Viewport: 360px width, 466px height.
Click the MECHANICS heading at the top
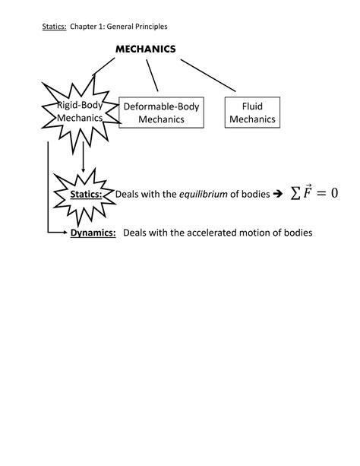(145, 49)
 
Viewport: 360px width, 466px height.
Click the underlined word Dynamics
(93, 233)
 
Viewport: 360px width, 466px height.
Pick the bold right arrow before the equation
(277, 194)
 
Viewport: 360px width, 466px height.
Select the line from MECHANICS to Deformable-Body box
(152, 74)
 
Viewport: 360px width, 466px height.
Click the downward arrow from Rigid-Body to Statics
(82, 160)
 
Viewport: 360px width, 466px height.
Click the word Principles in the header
(149, 27)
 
